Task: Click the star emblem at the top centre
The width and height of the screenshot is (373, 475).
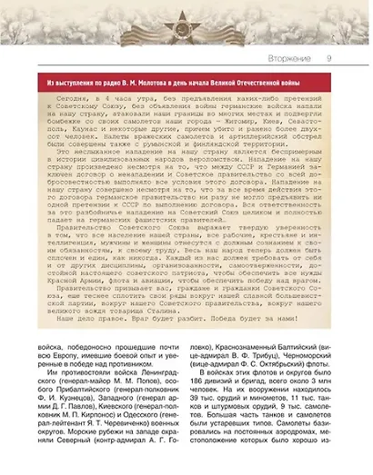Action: [x=186, y=23]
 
